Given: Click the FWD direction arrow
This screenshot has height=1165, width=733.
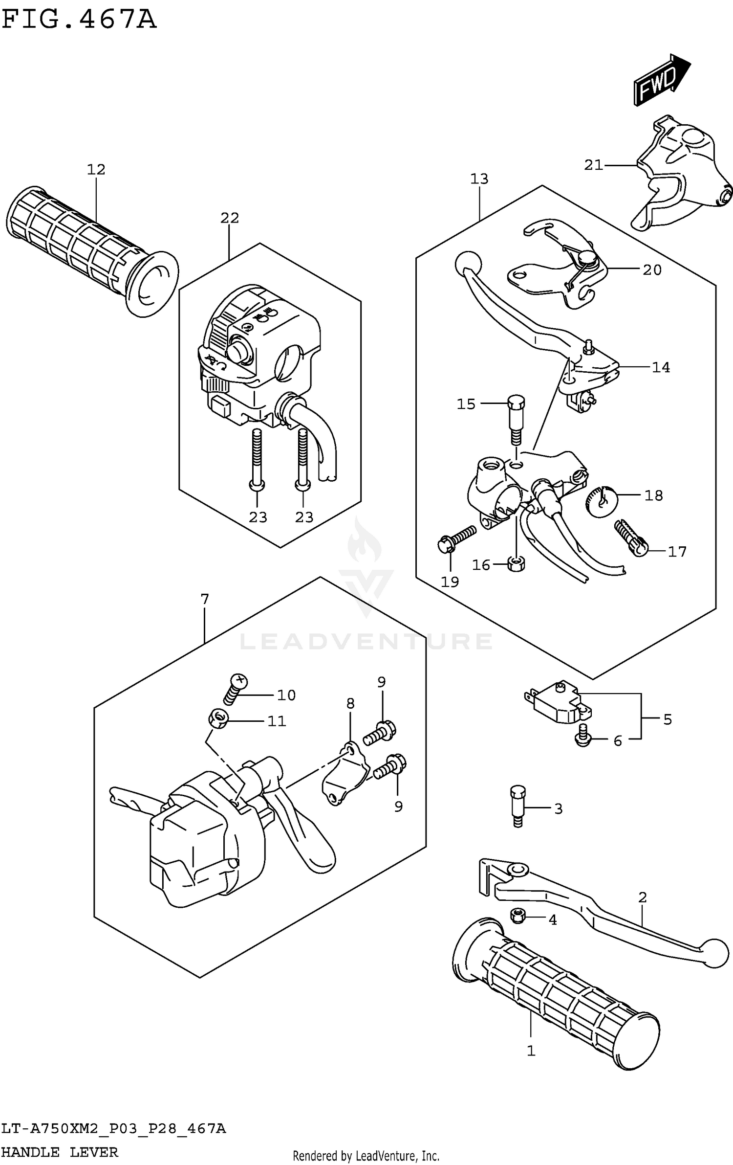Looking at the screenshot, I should coord(661,80).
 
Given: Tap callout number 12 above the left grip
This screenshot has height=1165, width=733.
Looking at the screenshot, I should coord(96,170).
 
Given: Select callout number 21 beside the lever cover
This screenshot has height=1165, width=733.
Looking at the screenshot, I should coord(593,165).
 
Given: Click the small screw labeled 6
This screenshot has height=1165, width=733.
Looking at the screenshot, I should coord(583,740).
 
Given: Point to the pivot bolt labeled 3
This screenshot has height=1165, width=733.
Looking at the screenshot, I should coord(518,806).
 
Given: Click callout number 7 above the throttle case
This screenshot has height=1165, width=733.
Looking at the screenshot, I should coord(205,599).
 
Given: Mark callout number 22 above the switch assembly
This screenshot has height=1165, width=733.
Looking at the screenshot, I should coord(230,218).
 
